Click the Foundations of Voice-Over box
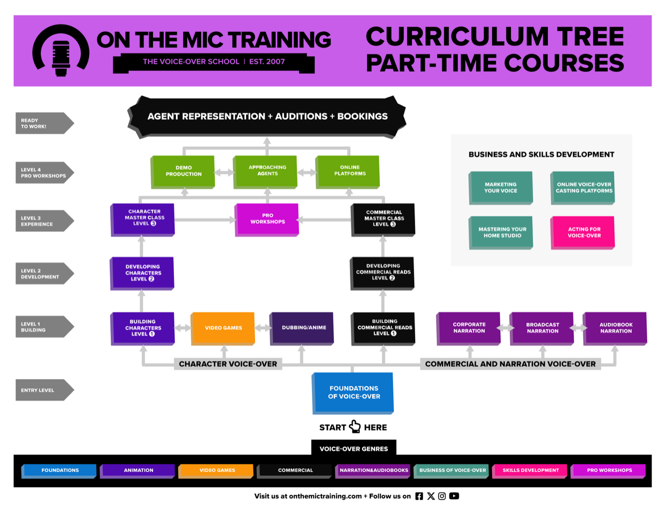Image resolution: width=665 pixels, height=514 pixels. (353, 392)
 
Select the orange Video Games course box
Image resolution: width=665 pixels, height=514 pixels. (223, 328)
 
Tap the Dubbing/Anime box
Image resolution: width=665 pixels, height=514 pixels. (302, 328)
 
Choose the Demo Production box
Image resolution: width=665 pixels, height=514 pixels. (184, 171)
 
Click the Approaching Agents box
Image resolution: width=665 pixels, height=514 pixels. (267, 171)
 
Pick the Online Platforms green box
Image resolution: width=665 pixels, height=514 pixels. (349, 171)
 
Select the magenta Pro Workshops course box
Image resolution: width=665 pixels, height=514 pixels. (267, 218)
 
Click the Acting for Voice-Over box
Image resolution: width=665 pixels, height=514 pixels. (583, 232)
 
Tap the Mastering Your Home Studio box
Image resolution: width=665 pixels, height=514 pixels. (501, 232)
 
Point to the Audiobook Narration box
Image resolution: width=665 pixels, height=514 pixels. (615, 328)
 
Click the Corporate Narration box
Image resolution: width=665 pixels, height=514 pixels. (469, 328)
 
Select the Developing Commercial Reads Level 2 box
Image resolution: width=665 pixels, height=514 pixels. (383, 273)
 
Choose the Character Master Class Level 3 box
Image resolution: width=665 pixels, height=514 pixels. (143, 218)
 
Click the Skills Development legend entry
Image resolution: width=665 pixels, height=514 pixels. (530, 470)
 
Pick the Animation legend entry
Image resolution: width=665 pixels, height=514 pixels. (139, 470)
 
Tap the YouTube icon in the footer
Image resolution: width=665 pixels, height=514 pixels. (454, 496)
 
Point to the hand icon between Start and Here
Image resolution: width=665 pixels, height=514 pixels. (355, 426)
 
